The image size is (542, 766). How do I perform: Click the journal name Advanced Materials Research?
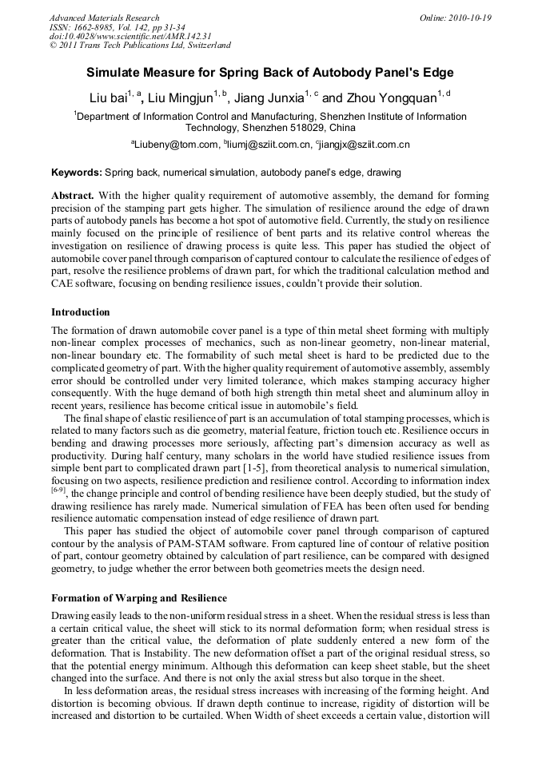pyautogui.click(x=104, y=18)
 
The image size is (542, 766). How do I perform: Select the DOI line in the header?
pyautogui.click(x=130, y=36)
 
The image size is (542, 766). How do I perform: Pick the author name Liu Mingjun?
pyautogui.click(x=183, y=98)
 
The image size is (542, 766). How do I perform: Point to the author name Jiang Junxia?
pyautogui.click(x=271, y=98)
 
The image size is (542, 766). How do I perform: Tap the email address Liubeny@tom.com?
pyautogui.click(x=176, y=145)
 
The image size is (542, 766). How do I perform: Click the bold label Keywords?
pyautogui.click(x=77, y=172)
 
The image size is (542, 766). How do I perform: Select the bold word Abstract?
pyautogui.click(x=73, y=196)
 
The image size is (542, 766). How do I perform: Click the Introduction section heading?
pyautogui.click(x=81, y=312)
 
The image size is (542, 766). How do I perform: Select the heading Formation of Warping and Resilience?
pyautogui.click(x=139, y=597)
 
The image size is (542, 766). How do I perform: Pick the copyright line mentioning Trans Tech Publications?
pyautogui.click(x=140, y=46)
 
